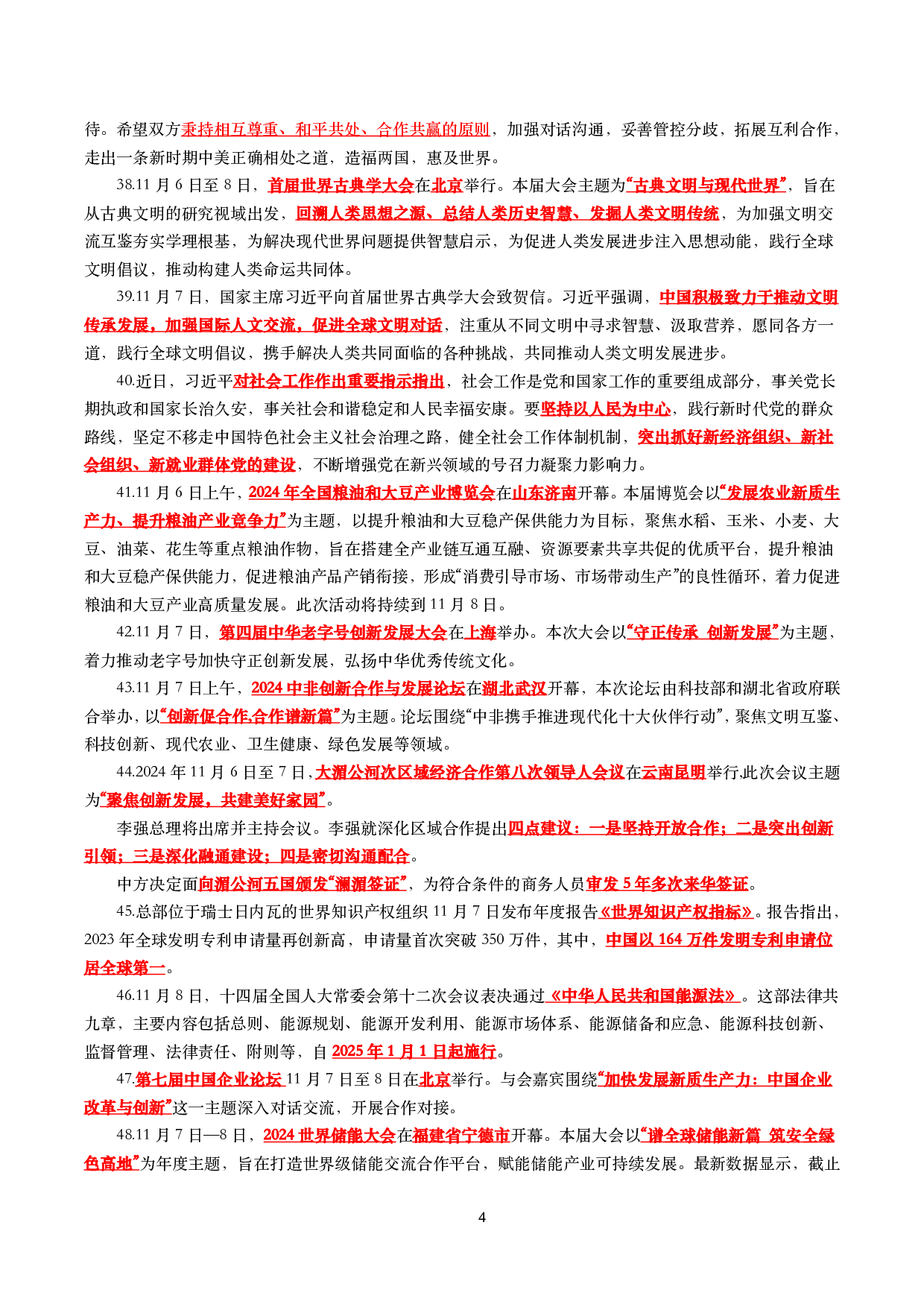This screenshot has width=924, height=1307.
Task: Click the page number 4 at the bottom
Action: pyautogui.click(x=481, y=1217)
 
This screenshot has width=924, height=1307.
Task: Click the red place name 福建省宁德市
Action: pyautogui.click(x=461, y=1135)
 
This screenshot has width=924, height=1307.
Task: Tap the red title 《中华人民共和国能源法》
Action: pyautogui.click(x=642, y=996)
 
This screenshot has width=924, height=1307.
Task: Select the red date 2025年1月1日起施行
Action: pyautogui.click(x=414, y=1051)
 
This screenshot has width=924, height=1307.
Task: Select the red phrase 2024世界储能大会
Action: pyautogui.click(x=329, y=1135)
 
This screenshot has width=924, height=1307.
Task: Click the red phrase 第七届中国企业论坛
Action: pyautogui.click(x=209, y=1079)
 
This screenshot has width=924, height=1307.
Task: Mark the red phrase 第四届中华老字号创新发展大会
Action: pyautogui.click(x=333, y=632)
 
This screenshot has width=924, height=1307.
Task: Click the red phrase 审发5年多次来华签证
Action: pyautogui.click(x=668, y=884)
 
